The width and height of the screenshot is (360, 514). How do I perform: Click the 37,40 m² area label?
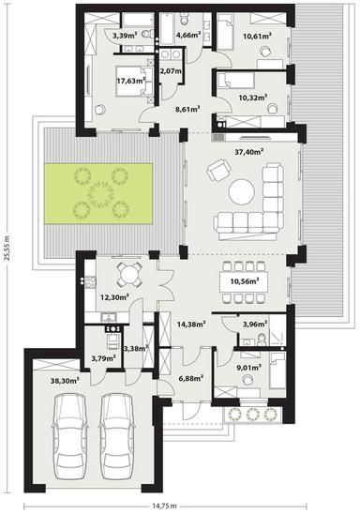pyautogui.click(x=248, y=149)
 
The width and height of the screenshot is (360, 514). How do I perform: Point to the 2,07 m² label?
pyautogui.click(x=171, y=71)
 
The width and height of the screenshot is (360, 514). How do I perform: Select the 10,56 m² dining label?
pyautogui.click(x=245, y=280)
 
